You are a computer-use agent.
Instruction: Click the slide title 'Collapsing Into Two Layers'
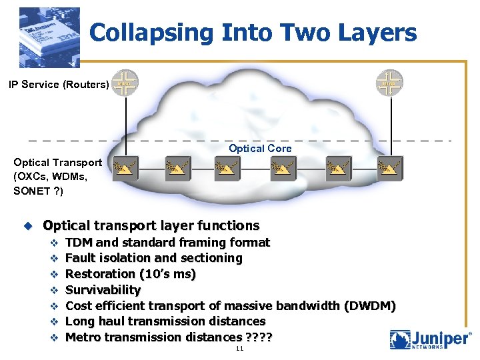point(253,33)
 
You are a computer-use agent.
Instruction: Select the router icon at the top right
point(389,83)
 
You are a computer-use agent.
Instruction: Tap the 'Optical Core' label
point(260,148)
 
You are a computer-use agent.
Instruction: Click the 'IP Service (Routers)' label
point(58,85)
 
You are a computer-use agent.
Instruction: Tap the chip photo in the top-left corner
point(49,38)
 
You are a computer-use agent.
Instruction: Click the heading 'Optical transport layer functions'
point(151,226)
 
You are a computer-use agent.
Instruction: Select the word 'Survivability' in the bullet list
point(103,290)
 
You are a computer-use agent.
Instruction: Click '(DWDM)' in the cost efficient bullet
point(370,306)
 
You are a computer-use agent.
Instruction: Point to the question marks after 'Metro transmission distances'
point(259,337)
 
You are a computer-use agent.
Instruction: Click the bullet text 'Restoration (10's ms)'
point(131,274)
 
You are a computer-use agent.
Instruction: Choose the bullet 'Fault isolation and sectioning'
point(154,258)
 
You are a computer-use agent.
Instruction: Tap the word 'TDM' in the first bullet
point(79,242)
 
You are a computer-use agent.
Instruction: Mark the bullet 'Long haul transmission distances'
point(165,321)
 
